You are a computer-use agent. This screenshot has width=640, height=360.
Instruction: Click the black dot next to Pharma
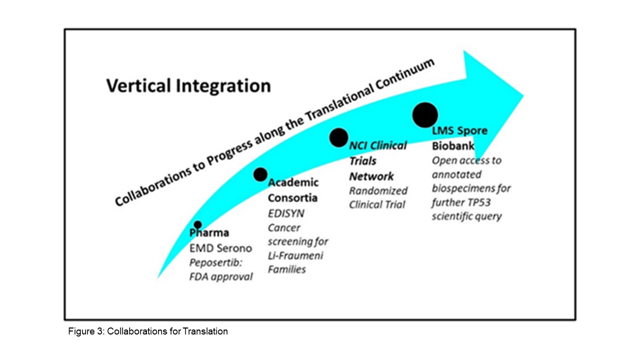tap(197, 225)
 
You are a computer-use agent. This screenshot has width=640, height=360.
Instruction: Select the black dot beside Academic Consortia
tap(260, 174)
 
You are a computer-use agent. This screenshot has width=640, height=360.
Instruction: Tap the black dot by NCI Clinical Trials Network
tap(338, 137)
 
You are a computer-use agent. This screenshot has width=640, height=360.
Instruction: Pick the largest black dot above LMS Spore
tap(425, 115)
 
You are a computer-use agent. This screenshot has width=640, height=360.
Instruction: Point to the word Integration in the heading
tap(223, 86)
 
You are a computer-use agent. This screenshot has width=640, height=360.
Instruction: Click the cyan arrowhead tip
tap(523, 96)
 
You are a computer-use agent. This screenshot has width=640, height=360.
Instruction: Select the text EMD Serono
tap(220, 248)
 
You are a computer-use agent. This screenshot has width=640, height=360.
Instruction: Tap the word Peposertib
tap(215, 262)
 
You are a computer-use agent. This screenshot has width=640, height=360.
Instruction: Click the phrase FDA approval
tap(221, 276)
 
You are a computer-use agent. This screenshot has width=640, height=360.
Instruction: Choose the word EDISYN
tap(286, 213)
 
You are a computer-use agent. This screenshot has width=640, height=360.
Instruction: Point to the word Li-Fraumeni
tap(295, 255)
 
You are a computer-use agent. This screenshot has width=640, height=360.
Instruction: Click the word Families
tap(287, 269)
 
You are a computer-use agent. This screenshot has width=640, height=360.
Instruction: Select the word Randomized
tap(378, 190)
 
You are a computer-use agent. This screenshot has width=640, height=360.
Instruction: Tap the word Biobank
tap(453, 145)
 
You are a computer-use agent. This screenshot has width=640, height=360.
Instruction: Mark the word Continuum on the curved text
tap(405, 77)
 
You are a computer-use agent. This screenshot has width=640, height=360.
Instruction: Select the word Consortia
tap(292, 197)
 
